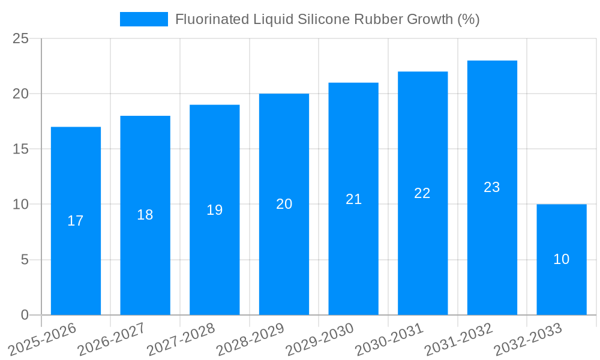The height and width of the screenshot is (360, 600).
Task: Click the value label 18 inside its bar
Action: coord(145,215)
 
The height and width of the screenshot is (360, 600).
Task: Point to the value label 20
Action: coord(284,204)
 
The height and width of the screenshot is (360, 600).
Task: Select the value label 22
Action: coord(422,193)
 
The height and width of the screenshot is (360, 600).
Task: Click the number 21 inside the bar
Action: coord(353,199)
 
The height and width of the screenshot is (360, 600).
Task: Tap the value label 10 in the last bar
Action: coord(562,259)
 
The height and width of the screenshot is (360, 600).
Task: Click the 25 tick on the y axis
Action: coord(21,39)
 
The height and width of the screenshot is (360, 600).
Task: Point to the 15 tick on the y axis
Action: coord(21,149)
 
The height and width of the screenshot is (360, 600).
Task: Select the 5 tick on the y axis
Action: coord(25,260)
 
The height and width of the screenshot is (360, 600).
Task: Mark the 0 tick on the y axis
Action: coord(25,315)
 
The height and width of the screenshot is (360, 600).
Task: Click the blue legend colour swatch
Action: coord(144,19)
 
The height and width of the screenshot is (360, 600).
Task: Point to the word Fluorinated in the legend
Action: coord(210,19)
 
